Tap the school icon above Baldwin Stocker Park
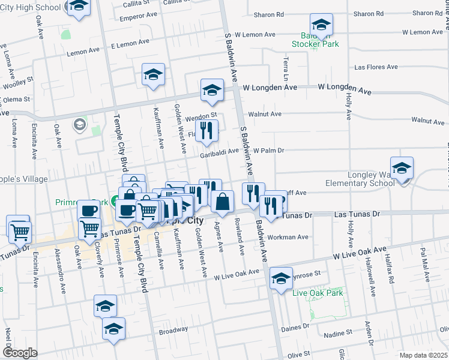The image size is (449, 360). [x=321, y=25]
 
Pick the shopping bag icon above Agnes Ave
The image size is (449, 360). [x=222, y=202]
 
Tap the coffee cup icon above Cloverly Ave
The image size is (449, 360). [x=89, y=211]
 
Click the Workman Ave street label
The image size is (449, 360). [x=289, y=237]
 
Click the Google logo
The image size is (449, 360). [x=20, y=353]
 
